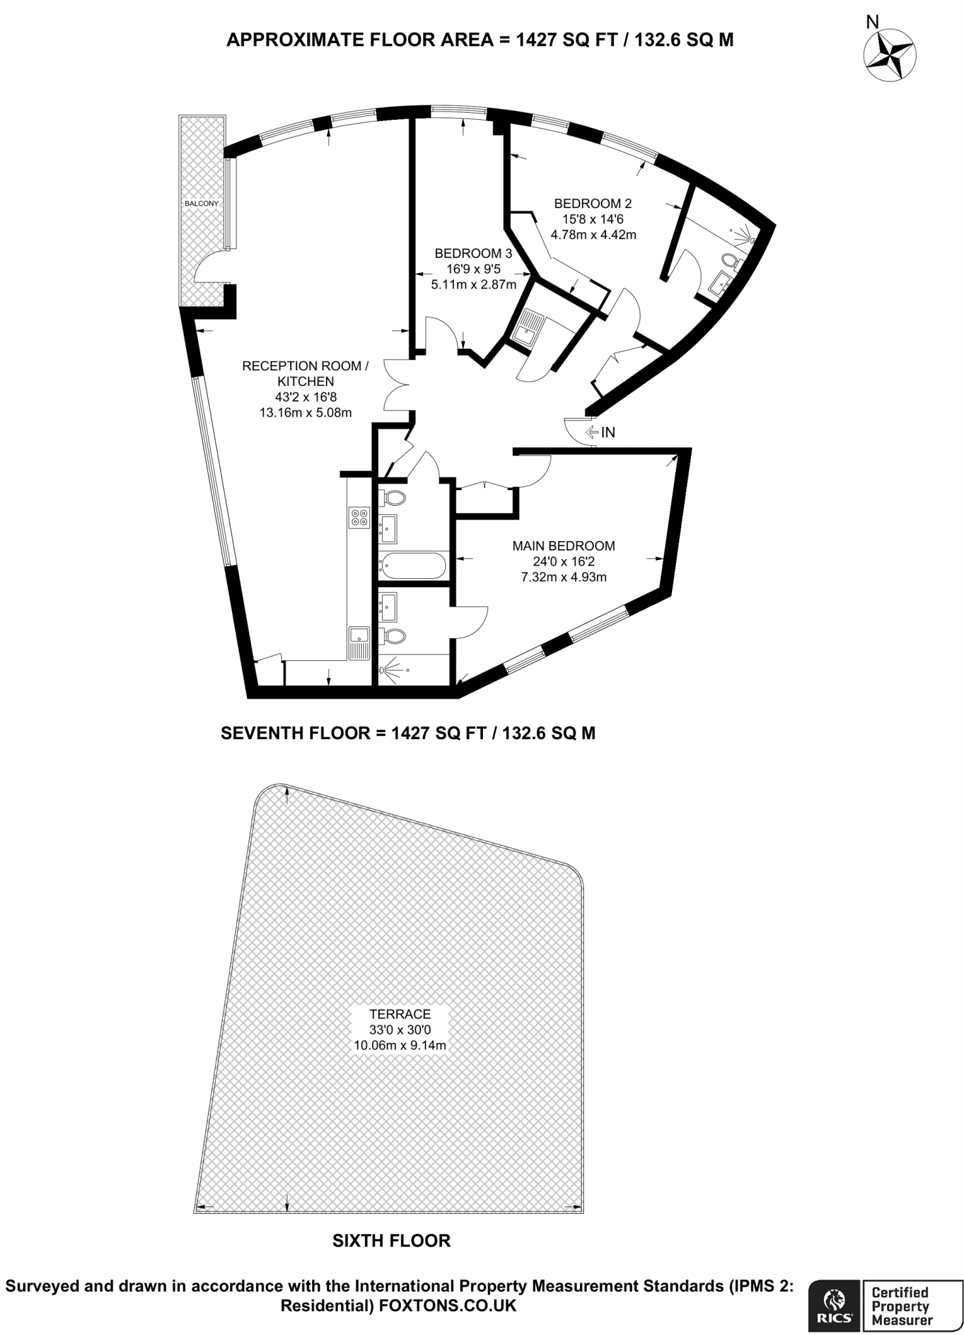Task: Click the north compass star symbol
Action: (890, 57)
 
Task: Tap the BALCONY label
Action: (201, 203)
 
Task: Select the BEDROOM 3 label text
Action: (473, 253)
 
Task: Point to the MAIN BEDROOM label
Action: (563, 546)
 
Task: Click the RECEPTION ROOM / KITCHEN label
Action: (305, 374)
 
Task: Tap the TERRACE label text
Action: (400, 1014)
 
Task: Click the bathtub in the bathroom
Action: (413, 565)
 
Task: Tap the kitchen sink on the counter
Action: (359, 641)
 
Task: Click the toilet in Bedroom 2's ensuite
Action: (731, 261)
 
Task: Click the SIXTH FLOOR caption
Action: (391, 1240)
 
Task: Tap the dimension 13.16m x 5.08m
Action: (305, 412)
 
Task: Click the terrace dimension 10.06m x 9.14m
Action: (400, 1045)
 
